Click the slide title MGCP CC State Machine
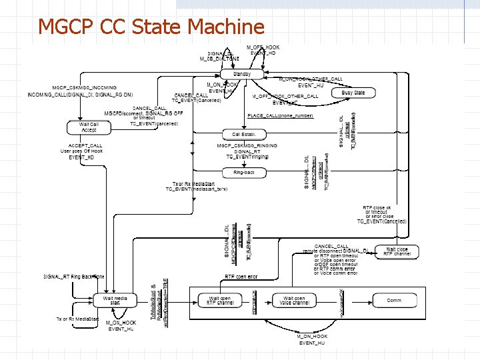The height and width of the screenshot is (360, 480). pos(151,27)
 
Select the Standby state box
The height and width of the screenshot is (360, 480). pos(241,74)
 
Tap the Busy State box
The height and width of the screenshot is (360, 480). pos(353,93)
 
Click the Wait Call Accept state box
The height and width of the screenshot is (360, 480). pos(89,127)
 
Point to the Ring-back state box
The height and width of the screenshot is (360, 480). pos(244,173)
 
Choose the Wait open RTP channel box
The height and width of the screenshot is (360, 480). pos(221,301)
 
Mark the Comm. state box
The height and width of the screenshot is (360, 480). pos(395,301)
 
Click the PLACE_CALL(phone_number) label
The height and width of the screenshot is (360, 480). pos(280,116)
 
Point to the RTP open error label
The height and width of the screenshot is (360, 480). pos(241,276)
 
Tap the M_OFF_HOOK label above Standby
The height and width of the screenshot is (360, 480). pos(263,47)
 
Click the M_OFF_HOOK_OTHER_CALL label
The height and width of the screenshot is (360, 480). pos(285,97)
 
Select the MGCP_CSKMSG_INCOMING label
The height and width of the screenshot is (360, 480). pos(85,87)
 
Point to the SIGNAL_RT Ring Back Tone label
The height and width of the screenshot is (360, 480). pos(74,276)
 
